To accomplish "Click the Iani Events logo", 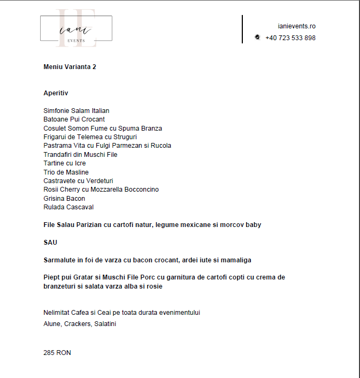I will coord(76,28).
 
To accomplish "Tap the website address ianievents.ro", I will coord(296,26).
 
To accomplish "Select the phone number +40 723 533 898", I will coord(290,38).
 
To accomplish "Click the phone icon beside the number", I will coord(257,37).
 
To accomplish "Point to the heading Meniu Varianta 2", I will coord(70,67).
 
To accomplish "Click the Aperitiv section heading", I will coord(56,93).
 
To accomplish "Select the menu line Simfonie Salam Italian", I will coord(76,111).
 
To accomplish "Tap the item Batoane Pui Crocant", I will coord(74,119).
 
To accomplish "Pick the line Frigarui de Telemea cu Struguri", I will coord(90,137).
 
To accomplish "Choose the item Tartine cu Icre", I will coord(64,163).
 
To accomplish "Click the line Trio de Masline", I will coord(66,172).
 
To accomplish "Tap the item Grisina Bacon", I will coord(64,199).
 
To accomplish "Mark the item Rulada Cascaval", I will coord(68,207).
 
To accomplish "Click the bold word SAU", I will coord(50,243).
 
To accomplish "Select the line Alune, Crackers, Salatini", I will coord(80,324).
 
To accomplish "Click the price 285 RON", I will coord(57,353).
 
